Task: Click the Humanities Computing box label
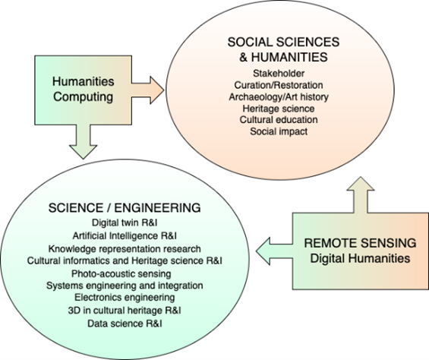[x=84, y=90]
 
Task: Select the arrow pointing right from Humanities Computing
[x=148, y=90]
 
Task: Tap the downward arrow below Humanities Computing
[x=84, y=141]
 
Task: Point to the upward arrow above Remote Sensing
[x=361, y=195]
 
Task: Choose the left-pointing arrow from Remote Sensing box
[x=274, y=251]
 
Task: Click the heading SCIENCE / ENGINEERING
[x=125, y=208]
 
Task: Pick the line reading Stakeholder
[x=279, y=74]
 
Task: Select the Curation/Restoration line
[x=279, y=85]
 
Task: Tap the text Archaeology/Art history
[x=279, y=97]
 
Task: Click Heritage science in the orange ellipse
[x=279, y=109]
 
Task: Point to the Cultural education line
[x=279, y=120]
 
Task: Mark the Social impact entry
[x=279, y=131]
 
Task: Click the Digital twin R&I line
[x=125, y=223]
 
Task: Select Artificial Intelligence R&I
[x=125, y=235]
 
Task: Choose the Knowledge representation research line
[x=125, y=249]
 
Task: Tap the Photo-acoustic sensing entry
[x=121, y=273]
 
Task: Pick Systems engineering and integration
[x=125, y=286]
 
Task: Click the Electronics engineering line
[x=125, y=297]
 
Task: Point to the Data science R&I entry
[x=125, y=324]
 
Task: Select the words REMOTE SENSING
[x=360, y=243]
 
